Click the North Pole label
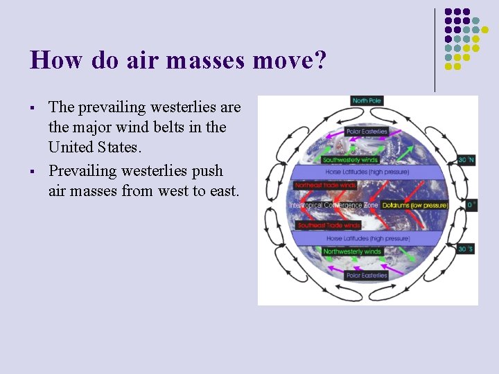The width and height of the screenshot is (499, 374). click(x=367, y=101)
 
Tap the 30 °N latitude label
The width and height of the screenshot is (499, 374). click(x=466, y=160)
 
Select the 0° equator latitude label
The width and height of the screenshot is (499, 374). click(x=471, y=205)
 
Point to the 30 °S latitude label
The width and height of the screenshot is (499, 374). click(x=466, y=249)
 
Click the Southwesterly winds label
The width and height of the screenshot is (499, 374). click(x=351, y=160)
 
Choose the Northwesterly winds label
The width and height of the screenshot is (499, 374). click(x=352, y=251)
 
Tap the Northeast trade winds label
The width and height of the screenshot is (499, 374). click(x=326, y=186)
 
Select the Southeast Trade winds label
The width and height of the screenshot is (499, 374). click(x=329, y=226)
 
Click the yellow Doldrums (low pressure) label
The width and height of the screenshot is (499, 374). click(x=415, y=205)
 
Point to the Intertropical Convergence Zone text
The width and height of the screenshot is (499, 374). click(x=334, y=206)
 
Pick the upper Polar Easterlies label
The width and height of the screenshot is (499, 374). click(x=367, y=132)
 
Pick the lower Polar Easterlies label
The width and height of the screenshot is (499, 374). click(x=366, y=276)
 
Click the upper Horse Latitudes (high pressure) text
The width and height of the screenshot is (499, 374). click(x=366, y=172)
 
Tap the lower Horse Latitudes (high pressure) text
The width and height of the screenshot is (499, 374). click(x=366, y=239)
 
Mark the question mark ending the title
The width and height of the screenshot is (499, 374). click(x=319, y=60)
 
